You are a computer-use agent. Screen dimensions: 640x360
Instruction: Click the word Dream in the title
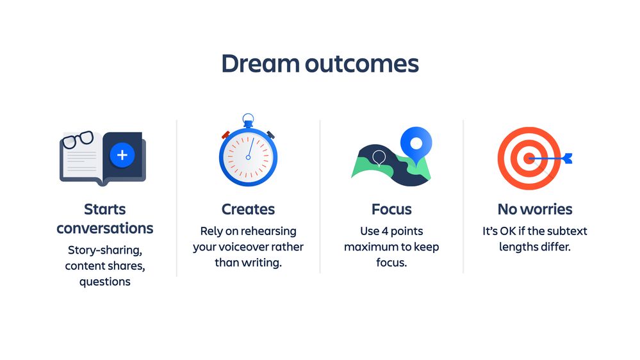[x=260, y=63]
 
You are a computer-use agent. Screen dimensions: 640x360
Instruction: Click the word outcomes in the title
[x=362, y=64]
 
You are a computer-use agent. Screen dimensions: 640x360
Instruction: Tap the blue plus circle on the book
[x=122, y=155]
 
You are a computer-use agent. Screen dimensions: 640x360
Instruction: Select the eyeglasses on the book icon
[x=77, y=140]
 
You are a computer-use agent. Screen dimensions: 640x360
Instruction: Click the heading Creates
[x=248, y=209]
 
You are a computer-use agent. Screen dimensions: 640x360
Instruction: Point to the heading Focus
[x=391, y=209]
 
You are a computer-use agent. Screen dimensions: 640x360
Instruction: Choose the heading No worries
[x=535, y=209]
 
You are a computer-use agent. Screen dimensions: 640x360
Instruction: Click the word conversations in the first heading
[x=105, y=228]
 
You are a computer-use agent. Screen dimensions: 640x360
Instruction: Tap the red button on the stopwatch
[x=226, y=135]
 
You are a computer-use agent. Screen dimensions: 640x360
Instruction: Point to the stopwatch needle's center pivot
[x=248, y=157]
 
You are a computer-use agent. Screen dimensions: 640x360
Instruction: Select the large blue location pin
[x=416, y=143]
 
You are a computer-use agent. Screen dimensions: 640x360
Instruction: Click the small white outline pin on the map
[x=379, y=158]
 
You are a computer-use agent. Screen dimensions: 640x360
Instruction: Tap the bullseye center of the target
[x=529, y=158]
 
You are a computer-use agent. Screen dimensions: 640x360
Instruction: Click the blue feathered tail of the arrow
[x=567, y=158]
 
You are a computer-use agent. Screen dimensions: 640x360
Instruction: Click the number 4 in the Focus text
[x=384, y=231]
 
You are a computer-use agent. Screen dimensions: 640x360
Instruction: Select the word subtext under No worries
[x=567, y=231]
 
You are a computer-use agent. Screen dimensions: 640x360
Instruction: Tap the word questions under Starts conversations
[x=105, y=282]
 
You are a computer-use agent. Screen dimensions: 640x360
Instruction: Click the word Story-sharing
[x=105, y=250]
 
